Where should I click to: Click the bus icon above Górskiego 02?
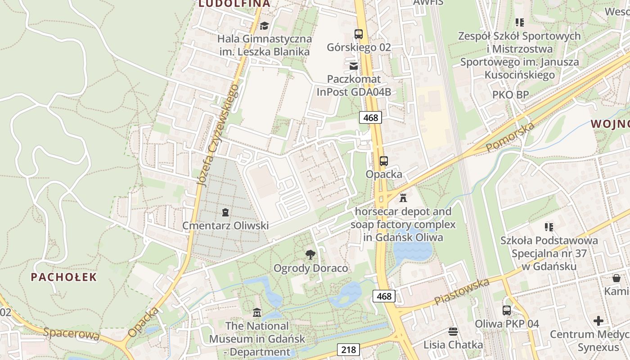pos(359,34)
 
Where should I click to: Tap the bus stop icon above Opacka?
pos(383,161)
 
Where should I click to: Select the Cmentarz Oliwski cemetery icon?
pos(225,212)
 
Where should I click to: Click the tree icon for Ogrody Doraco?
pos(310,255)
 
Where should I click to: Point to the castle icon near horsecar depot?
pos(403,198)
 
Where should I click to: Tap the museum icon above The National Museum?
pos(257,312)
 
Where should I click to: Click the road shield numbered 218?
pos(348,349)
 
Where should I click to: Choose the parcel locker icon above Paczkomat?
pos(354,66)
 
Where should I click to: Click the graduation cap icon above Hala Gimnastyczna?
pos(264,26)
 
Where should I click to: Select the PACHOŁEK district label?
pos(64,277)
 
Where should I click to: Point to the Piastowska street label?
pos(462,292)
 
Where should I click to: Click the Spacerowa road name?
pos(72,334)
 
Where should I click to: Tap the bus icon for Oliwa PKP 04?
pos(507,310)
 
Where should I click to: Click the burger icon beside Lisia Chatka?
pos(453,332)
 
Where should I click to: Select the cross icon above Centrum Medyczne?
pos(598,321)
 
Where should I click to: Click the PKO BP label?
pos(510,95)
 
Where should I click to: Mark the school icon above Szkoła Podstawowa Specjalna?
pos(549,227)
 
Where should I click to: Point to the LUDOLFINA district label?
pos(234,4)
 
